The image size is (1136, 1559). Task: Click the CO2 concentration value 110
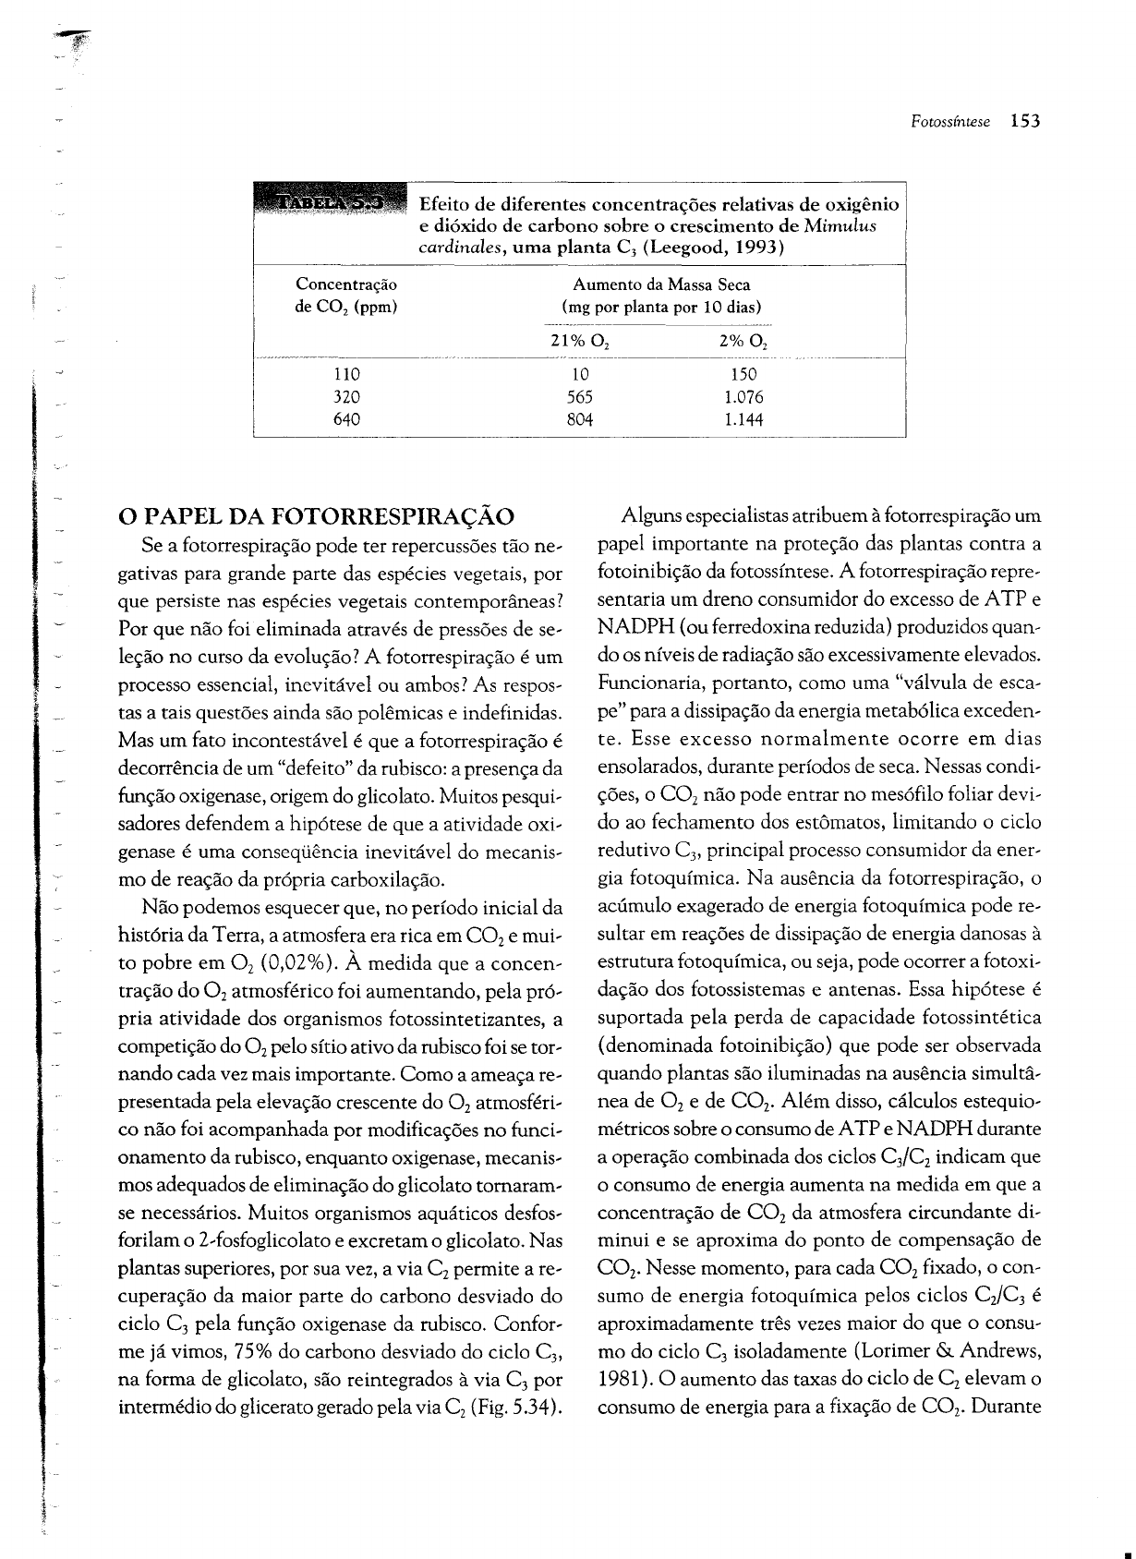point(345,375)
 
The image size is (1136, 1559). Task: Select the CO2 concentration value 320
point(345,398)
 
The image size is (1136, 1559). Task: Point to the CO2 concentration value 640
point(345,420)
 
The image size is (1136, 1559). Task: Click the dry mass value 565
point(580,398)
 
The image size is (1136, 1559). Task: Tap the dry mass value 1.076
point(744,398)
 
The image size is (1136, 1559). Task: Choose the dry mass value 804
point(580,420)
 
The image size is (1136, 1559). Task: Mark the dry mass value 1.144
point(744,420)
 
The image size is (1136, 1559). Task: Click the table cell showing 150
point(743,375)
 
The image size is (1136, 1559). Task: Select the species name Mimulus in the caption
point(840,225)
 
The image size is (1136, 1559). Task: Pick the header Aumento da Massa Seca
point(661,284)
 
